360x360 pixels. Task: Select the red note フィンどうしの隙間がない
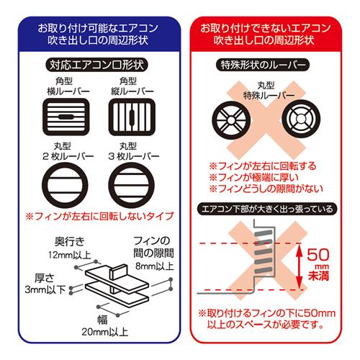262,189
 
